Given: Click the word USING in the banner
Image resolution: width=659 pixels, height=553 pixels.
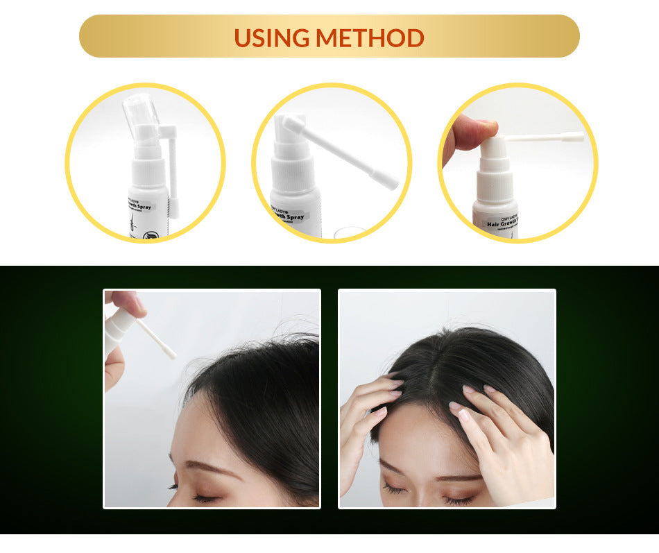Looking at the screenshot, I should click(272, 37).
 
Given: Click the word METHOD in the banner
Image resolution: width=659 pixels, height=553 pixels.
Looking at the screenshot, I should click(370, 37).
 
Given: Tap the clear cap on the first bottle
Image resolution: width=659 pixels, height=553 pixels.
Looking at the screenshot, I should click(140, 111).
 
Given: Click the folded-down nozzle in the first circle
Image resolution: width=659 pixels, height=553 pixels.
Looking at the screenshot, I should click(173, 173).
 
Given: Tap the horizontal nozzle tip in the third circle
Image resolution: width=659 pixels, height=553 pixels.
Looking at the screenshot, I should click(575, 137).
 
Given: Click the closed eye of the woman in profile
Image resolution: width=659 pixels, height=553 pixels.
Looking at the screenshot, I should click(205, 497).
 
